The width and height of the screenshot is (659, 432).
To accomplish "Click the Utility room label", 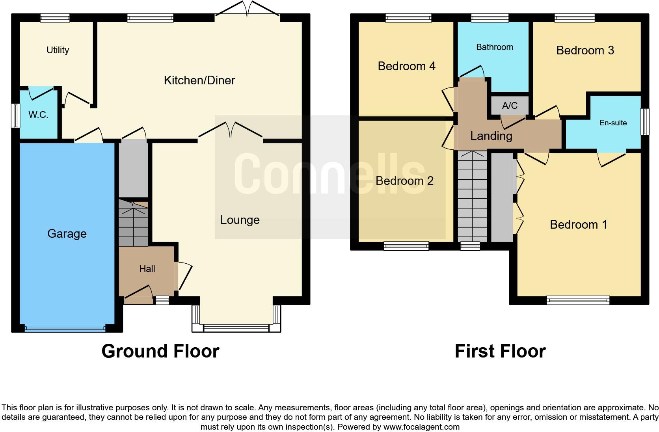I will [x=58, y=50].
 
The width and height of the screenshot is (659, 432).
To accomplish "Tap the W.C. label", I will [x=38, y=115].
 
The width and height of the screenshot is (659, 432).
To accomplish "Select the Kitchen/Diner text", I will [x=199, y=80].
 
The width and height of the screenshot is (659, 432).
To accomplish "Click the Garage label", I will [x=67, y=234].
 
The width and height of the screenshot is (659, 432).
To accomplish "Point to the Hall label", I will [x=147, y=269].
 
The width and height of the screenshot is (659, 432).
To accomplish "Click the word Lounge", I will [x=240, y=220].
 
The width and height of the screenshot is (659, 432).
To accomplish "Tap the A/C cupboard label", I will [x=509, y=106].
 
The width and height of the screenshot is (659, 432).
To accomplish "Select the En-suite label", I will [x=613, y=123].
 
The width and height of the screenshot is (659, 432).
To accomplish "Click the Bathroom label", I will [x=494, y=47].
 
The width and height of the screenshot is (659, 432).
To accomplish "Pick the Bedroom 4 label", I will [x=406, y=66].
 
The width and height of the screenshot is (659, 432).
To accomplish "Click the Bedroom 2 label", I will [x=404, y=181].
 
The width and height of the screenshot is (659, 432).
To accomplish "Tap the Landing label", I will [x=491, y=136].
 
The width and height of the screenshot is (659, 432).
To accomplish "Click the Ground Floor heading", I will [x=160, y=351].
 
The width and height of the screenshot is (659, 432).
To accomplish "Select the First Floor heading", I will [x=500, y=351].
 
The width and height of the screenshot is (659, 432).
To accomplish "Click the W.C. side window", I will [x=15, y=115].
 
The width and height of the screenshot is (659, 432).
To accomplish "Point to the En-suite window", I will [x=644, y=122].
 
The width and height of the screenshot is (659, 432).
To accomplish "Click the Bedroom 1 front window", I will [x=578, y=300].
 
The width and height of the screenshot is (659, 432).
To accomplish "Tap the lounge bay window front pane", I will [x=236, y=328].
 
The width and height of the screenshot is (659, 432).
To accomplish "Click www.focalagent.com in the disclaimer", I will [x=421, y=427].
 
